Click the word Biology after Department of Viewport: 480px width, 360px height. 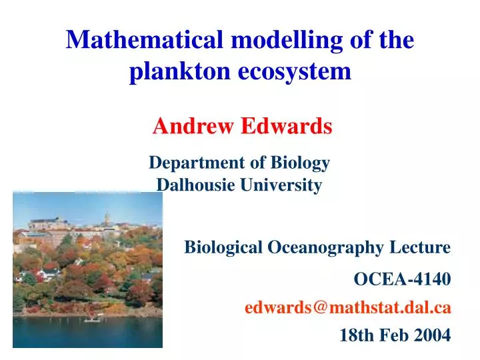(x=302, y=163)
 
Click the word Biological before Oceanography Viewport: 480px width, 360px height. (x=223, y=248)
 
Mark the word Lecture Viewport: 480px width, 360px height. (x=425, y=248)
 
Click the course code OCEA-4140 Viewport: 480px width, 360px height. (x=402, y=279)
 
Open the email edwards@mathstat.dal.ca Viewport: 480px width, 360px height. (x=347, y=307)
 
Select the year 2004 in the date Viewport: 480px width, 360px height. (x=432, y=335)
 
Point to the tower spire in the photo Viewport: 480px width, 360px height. (x=106, y=217)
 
